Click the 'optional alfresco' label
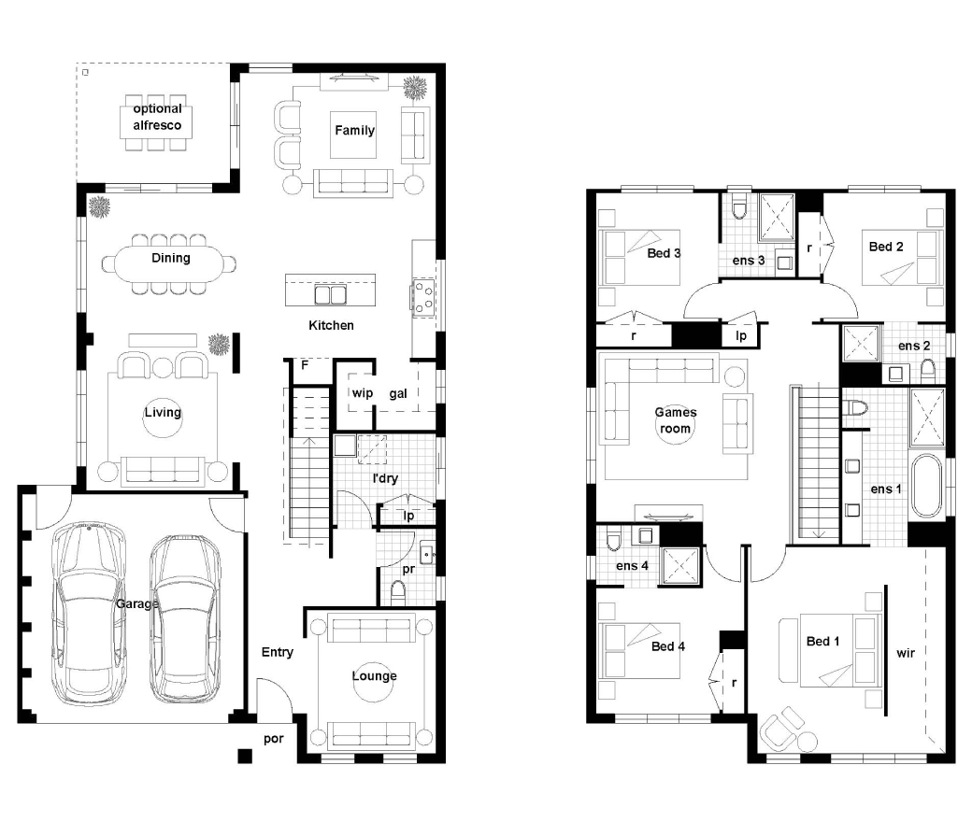tap(157, 117)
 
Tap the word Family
tap(354, 130)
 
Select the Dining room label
tap(170, 258)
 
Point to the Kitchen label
tap(331, 325)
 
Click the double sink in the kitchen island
tap(331, 295)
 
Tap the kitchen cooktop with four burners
tap(424, 297)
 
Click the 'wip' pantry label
tap(362, 392)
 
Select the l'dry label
tap(385, 478)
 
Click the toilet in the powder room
tap(398, 593)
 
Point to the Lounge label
tap(375, 675)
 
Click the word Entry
tap(277, 652)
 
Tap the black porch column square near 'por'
tap(245, 756)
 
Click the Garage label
tap(137, 603)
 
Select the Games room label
tap(676, 420)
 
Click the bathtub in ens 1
tap(927, 487)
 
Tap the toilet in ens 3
tap(739, 206)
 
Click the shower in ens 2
tap(861, 343)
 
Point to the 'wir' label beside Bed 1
tap(906, 653)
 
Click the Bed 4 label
tap(668, 646)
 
